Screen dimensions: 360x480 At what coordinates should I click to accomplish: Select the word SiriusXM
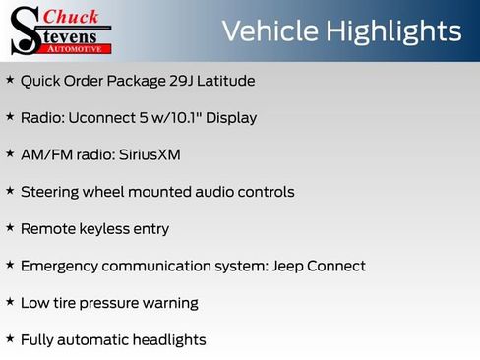click(147, 154)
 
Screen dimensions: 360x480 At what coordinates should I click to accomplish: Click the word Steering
click(50, 192)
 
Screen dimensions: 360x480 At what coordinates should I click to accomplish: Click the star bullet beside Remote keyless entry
click(10, 227)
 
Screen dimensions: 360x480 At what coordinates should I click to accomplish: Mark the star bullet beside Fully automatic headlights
click(10, 338)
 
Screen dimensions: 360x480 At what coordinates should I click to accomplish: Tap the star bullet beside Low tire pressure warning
click(10, 302)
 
